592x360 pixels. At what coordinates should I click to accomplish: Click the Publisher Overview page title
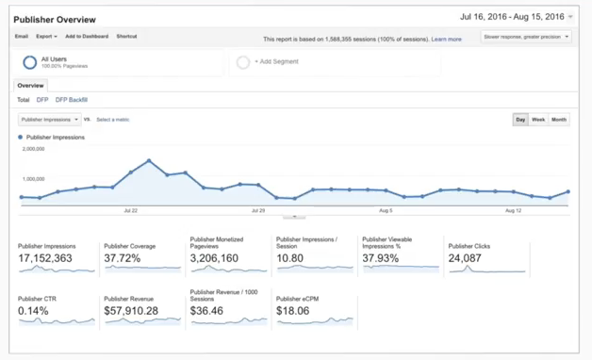[55, 18]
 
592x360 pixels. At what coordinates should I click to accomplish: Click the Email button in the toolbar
[21, 37]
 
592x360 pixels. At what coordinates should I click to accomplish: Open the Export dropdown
[46, 37]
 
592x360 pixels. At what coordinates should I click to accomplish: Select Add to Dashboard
[87, 37]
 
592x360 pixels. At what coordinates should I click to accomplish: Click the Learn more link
[446, 40]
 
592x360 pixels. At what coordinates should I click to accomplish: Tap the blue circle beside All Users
[30, 62]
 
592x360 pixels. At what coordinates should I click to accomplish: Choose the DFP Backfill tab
[72, 100]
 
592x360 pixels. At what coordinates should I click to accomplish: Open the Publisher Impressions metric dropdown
[50, 120]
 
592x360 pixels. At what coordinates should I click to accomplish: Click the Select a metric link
[113, 120]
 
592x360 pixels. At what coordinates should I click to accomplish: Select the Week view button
[538, 120]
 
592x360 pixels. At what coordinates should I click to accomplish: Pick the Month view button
[559, 120]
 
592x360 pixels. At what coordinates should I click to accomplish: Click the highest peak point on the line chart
[149, 160]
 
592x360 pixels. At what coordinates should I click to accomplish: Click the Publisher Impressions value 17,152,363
[46, 257]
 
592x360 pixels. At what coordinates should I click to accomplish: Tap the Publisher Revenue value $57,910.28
[131, 310]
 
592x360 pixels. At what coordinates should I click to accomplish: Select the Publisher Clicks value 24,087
[466, 257]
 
